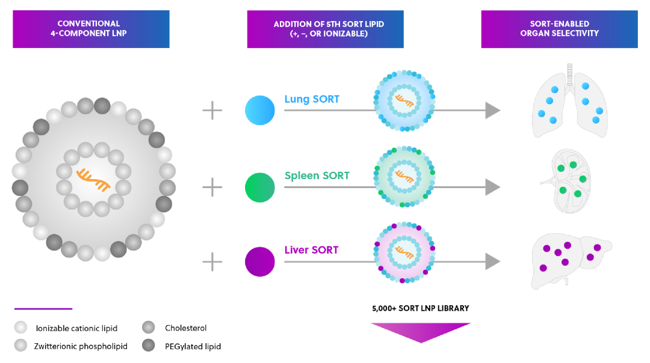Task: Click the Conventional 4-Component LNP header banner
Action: tap(91, 29)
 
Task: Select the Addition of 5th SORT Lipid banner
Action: tap(325, 29)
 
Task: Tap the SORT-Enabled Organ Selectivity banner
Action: tap(559, 29)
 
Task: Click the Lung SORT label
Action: tap(312, 99)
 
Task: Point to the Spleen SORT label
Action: tap(317, 176)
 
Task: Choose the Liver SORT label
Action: tap(311, 250)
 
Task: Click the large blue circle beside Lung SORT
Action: tap(260, 111)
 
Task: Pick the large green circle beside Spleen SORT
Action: tap(260, 188)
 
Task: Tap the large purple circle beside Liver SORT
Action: tap(260, 262)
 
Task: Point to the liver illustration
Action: tap(569, 258)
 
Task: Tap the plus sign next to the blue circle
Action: tap(212, 111)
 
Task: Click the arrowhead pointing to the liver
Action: tap(493, 261)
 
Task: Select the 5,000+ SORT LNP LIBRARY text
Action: tap(420, 308)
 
